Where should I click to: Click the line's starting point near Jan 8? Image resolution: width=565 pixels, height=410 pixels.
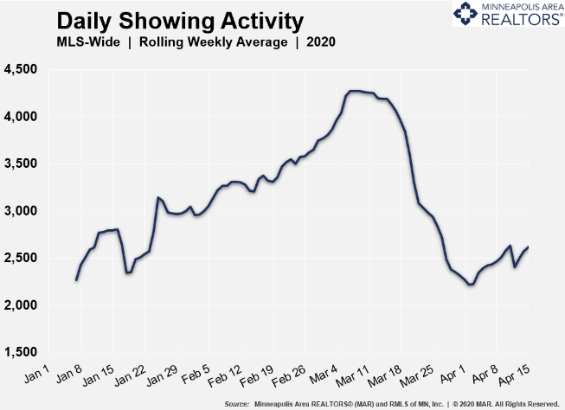76,279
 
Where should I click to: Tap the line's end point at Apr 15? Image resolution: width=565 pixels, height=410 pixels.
529,247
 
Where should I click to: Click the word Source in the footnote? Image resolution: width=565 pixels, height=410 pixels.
236,404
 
